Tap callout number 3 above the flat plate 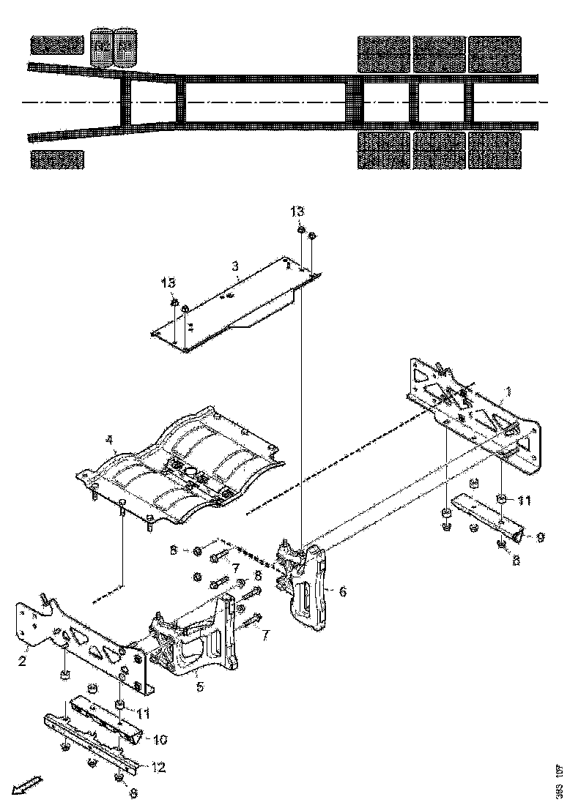point(235,267)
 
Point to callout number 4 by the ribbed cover point(109,441)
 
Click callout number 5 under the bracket point(199,686)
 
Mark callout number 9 point(539,536)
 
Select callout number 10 point(160,740)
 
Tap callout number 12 point(158,768)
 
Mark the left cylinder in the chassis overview point(101,48)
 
